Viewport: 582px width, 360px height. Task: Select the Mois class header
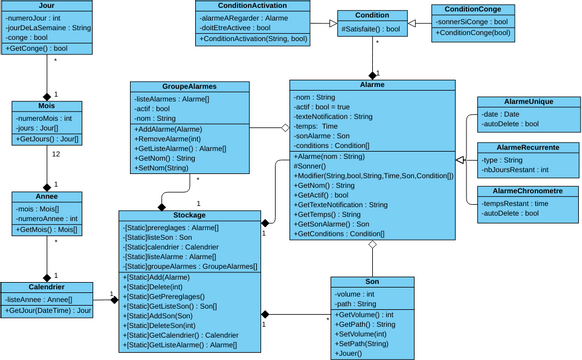(x=48, y=106)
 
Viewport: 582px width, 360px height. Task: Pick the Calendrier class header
(x=48, y=287)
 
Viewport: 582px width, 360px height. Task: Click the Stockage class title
(x=189, y=215)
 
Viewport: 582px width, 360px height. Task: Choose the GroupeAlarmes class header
(x=188, y=87)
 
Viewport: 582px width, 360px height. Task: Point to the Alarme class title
(x=372, y=86)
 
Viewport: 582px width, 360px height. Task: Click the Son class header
(x=372, y=283)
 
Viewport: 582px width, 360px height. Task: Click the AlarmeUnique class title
(x=526, y=102)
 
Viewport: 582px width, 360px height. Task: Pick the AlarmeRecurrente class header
(x=526, y=147)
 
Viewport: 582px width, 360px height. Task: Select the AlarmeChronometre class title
(x=526, y=191)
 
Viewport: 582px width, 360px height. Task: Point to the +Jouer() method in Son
(x=350, y=354)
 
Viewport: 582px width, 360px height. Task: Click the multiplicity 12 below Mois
(x=56, y=155)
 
